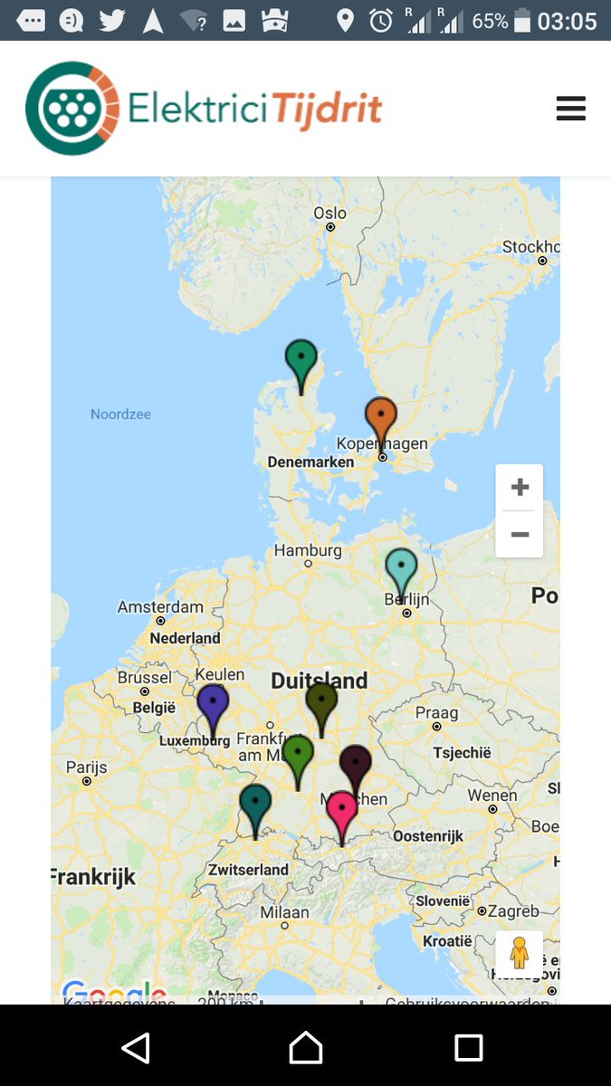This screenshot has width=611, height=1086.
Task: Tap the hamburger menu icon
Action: click(571, 109)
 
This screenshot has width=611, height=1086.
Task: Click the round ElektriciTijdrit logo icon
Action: click(72, 109)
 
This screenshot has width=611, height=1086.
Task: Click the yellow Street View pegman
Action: click(519, 954)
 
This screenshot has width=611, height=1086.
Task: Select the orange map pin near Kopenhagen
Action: click(381, 417)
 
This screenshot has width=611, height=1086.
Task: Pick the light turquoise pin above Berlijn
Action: click(401, 567)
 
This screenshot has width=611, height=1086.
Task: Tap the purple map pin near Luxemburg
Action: click(213, 704)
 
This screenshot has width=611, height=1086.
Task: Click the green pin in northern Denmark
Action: click(301, 359)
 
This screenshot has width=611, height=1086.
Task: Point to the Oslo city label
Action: click(329, 214)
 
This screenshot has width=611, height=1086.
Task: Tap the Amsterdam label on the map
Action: click(160, 606)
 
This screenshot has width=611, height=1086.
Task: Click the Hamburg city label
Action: click(308, 549)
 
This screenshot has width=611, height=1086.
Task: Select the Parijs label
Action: click(86, 767)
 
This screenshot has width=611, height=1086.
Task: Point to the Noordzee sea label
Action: click(120, 414)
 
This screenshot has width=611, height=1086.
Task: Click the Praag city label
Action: click(436, 713)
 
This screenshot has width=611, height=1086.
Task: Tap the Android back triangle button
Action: click(136, 1048)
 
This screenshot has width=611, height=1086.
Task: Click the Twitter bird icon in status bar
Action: click(111, 20)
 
